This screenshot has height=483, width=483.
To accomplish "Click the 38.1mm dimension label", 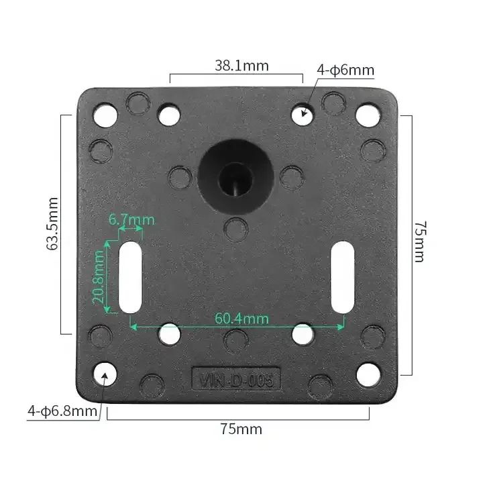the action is pos(241,66).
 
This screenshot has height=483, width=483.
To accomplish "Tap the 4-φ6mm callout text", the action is pos(345,70).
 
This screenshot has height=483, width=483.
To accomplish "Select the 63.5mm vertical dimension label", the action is pos(52,223).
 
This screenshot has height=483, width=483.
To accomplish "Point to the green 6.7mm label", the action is pos(131,219).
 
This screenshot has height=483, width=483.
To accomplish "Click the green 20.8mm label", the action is pos(98,276).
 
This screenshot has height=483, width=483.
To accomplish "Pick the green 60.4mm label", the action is pos(241,319).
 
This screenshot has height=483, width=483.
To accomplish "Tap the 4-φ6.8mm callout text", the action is pos(62,411).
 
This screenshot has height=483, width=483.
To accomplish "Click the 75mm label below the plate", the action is pos(241,429).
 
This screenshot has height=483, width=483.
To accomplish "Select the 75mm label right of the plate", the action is pos(420,241).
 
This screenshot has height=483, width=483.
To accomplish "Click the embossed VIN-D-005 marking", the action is pos(236,380).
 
